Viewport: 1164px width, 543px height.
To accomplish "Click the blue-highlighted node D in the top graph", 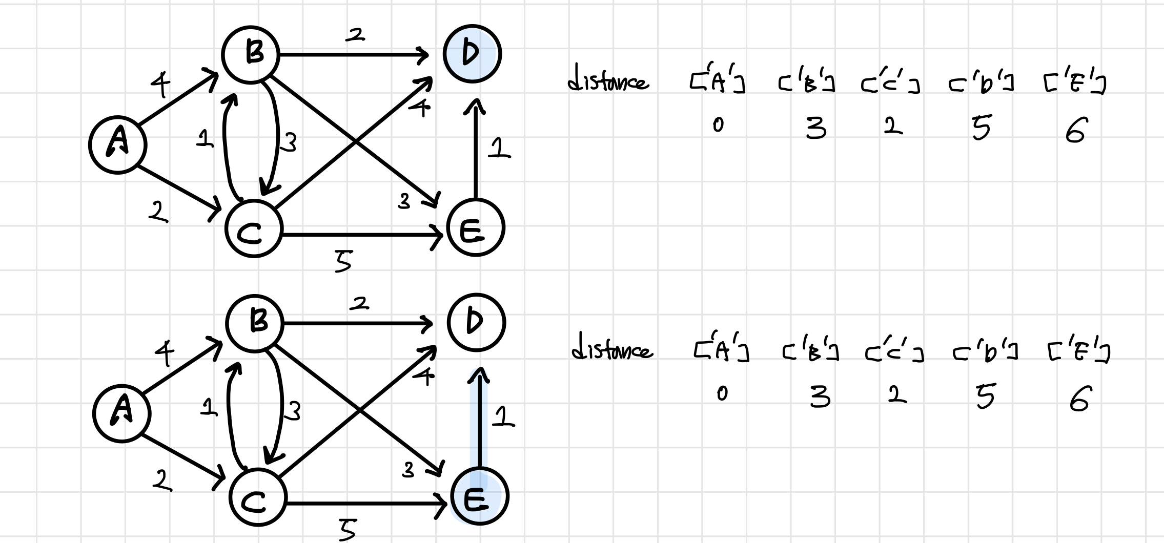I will point(472,53).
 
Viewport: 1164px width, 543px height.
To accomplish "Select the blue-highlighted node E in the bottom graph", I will point(479,496).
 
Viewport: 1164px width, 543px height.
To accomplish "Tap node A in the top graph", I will point(118,144).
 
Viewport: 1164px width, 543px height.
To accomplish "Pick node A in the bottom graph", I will point(122,413).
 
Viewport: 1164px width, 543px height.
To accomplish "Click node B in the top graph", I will point(251,54).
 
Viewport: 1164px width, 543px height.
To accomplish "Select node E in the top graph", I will point(475,227).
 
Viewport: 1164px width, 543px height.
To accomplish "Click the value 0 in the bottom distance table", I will point(722,393).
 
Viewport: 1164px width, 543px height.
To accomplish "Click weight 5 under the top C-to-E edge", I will point(343,261).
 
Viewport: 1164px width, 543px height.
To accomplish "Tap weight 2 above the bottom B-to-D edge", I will point(359,304).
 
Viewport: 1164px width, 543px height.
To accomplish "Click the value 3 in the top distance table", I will point(815,128).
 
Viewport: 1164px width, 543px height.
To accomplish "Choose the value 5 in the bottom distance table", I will point(985,397).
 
